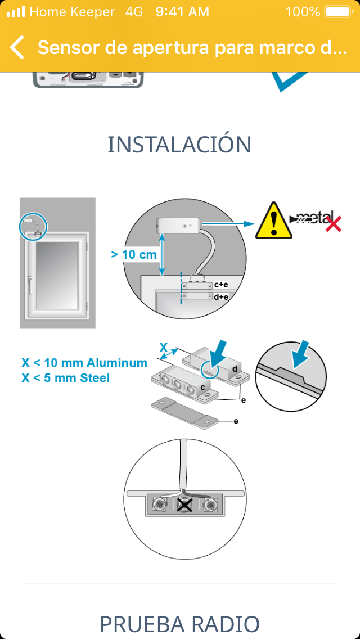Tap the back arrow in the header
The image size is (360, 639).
pos(17,47)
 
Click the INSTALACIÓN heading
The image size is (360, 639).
pos(179,144)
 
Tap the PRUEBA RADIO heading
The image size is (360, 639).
pos(180,623)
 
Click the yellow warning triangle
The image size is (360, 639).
pos(273,221)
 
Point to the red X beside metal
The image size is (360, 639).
pos(333,224)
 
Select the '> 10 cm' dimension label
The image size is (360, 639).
pos(134,255)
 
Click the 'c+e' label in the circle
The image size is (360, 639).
pos(221,285)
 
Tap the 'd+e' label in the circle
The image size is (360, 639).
pos(221,296)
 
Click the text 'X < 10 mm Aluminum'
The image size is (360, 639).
pos(84,363)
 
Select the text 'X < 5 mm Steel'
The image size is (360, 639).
pos(66,378)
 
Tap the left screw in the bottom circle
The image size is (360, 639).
pos(159,505)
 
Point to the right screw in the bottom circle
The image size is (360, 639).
pos(211,505)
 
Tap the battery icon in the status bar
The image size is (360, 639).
pos(338,12)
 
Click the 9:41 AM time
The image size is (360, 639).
pos(182,12)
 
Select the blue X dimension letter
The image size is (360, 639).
pos(163,347)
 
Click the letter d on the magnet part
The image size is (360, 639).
pos(235,369)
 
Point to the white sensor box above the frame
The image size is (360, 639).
pos(178,224)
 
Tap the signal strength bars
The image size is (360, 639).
pos(16,11)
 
